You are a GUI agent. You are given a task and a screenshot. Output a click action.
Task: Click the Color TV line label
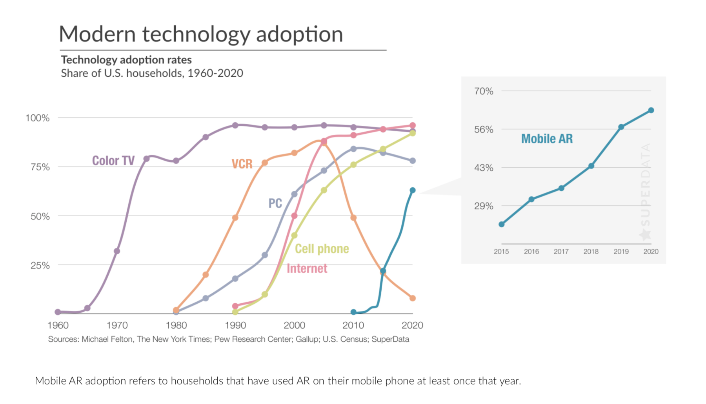coord(113,161)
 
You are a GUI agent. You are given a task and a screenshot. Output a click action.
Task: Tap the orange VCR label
coord(242,164)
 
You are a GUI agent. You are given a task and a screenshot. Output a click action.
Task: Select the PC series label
coord(275,203)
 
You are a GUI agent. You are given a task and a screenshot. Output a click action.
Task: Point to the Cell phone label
coord(322,249)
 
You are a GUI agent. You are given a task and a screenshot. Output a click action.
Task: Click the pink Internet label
coord(307,268)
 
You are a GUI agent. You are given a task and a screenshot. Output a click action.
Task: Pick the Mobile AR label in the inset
coord(547,139)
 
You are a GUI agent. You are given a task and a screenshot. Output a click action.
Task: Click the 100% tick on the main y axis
coord(38,118)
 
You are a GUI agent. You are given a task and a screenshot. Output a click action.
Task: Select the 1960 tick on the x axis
coord(58,325)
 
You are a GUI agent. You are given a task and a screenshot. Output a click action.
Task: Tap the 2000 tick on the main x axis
coord(294,325)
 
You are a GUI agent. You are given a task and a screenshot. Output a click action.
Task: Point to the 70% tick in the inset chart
coord(484,91)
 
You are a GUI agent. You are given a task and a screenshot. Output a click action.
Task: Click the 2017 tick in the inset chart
coord(561,252)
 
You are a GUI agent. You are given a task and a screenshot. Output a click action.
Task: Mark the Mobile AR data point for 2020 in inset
coord(651,111)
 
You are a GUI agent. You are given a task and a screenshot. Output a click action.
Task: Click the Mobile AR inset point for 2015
coord(502,225)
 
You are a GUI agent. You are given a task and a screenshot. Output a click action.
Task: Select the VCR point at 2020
coord(413,298)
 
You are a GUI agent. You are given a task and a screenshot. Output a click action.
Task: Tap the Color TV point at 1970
coord(117,251)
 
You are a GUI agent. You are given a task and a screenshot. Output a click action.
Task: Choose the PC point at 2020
coord(413,161)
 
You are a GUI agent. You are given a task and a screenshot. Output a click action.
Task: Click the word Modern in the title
coord(97,34)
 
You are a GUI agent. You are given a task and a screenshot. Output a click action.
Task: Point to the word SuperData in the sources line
coord(390,339)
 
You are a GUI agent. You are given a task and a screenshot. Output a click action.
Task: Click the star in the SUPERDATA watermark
coord(645,235)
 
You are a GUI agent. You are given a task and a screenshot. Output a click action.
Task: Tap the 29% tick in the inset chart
coord(484,206)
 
